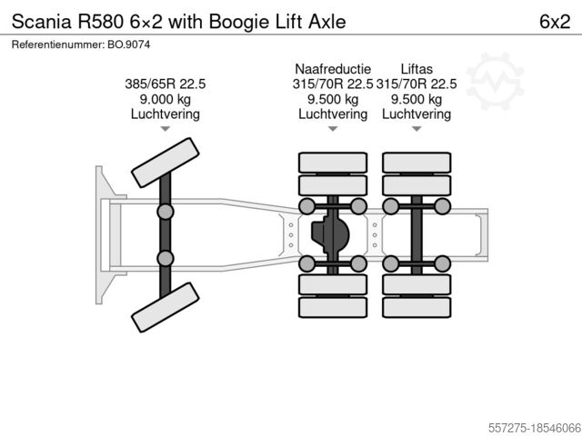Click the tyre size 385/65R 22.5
[x=165, y=84]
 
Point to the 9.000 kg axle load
[x=165, y=99]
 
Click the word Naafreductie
[x=332, y=69]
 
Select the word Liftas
[x=416, y=69]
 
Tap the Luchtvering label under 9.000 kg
[x=165, y=114]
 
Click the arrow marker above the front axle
[x=165, y=130]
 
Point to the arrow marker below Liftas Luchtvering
[x=416, y=130]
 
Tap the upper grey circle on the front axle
[x=166, y=212]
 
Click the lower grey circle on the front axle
[x=166, y=259]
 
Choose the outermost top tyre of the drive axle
[x=333, y=163]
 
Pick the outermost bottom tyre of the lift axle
[x=416, y=307]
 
